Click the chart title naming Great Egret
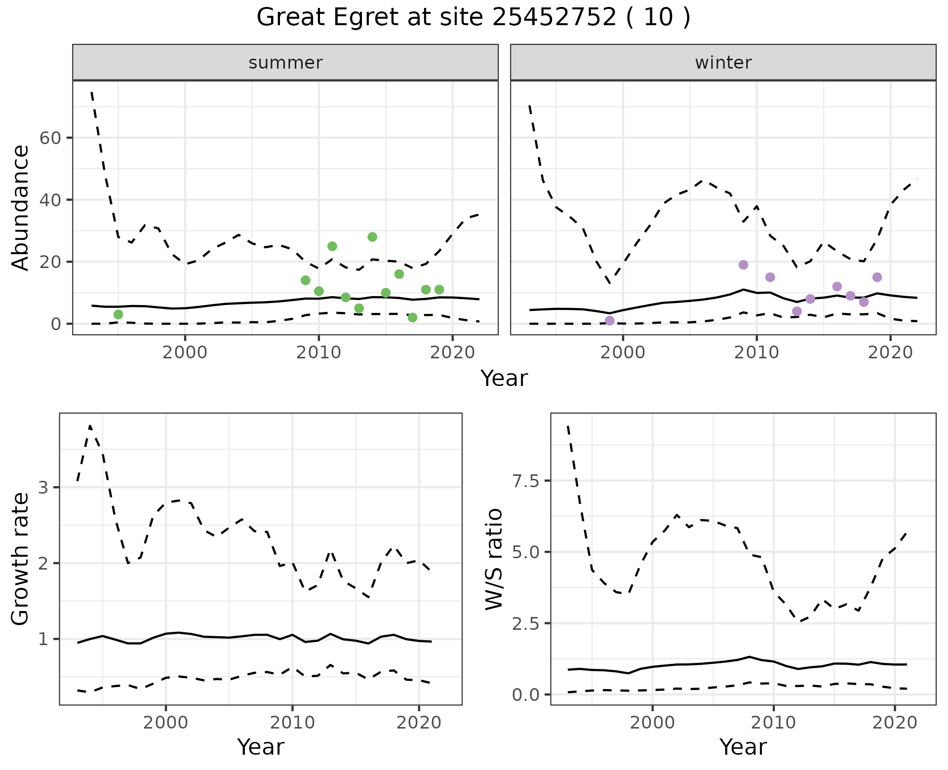pos(473,18)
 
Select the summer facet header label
pos(285,63)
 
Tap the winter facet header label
pos(723,63)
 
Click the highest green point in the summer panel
pos(372,237)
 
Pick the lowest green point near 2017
pos(413,317)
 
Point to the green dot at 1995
pos(118,314)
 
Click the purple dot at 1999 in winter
pos(610,321)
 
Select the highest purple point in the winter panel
pos(744,265)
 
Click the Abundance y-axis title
pos(21,208)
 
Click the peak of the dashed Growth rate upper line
pos(90,425)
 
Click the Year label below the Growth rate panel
pos(261,747)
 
